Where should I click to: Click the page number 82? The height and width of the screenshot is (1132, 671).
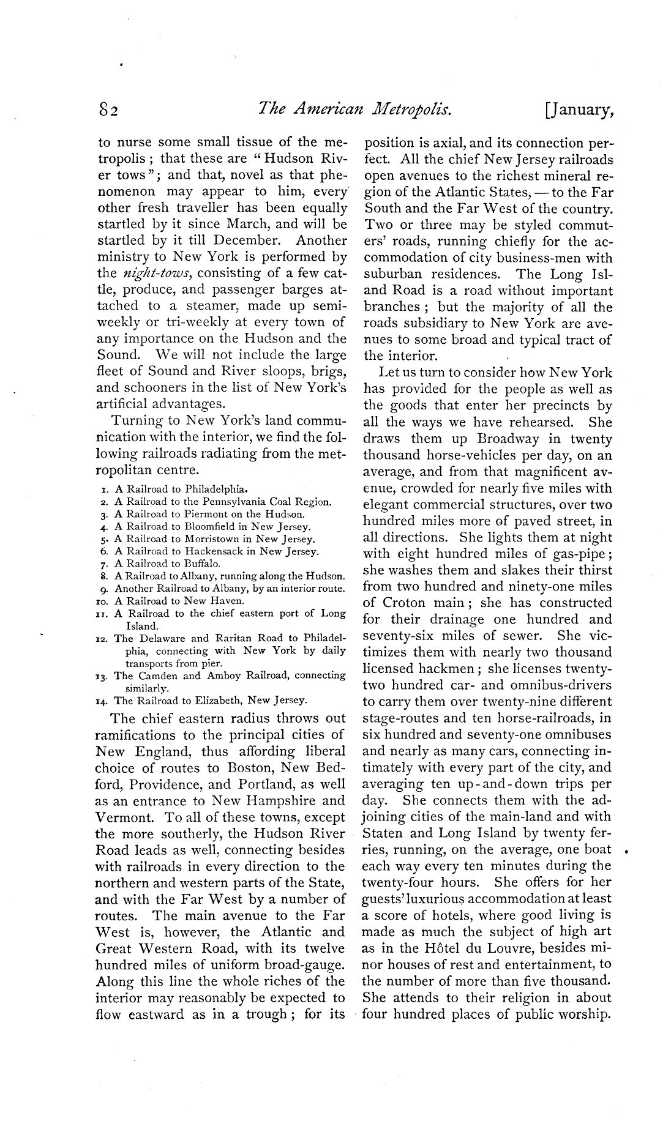(110, 111)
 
